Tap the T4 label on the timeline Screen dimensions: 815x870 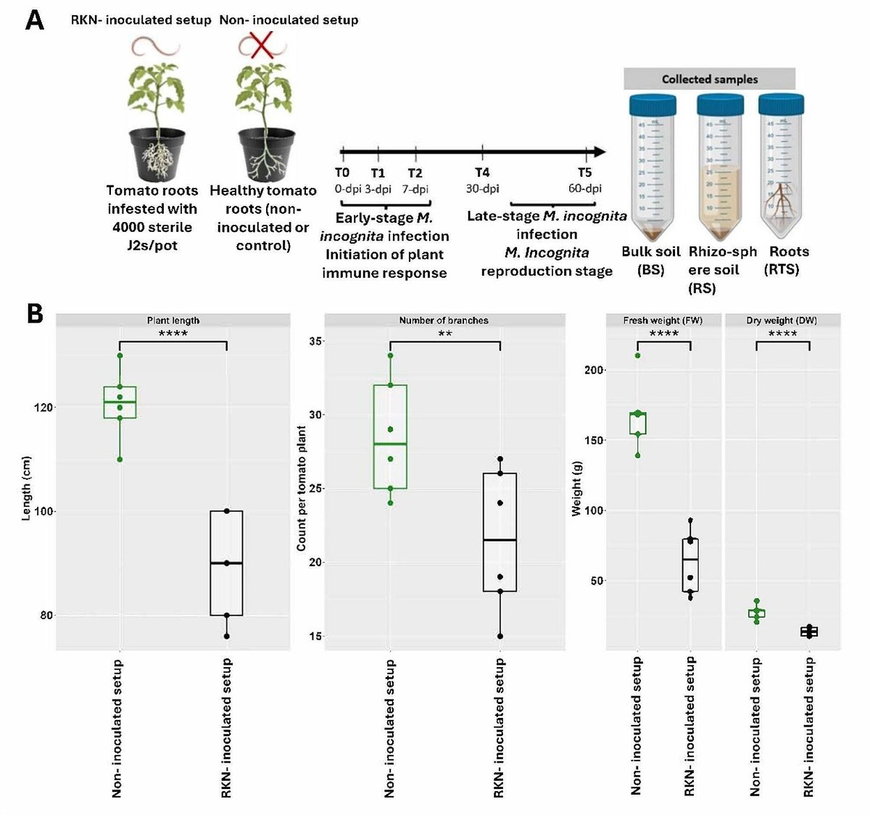pyautogui.click(x=482, y=173)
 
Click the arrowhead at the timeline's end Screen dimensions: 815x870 pyautogui.click(x=598, y=152)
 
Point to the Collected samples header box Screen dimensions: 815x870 pyautogui.click(x=709, y=79)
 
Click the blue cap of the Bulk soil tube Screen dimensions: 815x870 pyautogui.click(x=652, y=104)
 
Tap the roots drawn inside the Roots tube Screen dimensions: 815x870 pyautogui.click(x=784, y=200)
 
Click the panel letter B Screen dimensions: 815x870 pyautogui.click(x=34, y=314)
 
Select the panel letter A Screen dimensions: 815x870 pyautogui.click(x=34, y=20)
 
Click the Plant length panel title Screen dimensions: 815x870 pyautogui.click(x=173, y=320)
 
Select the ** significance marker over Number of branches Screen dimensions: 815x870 pyautogui.click(x=444, y=334)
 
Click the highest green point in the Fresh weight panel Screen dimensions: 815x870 pyautogui.click(x=637, y=355)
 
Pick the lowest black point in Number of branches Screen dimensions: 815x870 pyautogui.click(x=500, y=637)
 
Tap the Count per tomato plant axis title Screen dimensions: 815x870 pyautogui.click(x=302, y=488)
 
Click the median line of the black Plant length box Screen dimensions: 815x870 pyautogui.click(x=226, y=563)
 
